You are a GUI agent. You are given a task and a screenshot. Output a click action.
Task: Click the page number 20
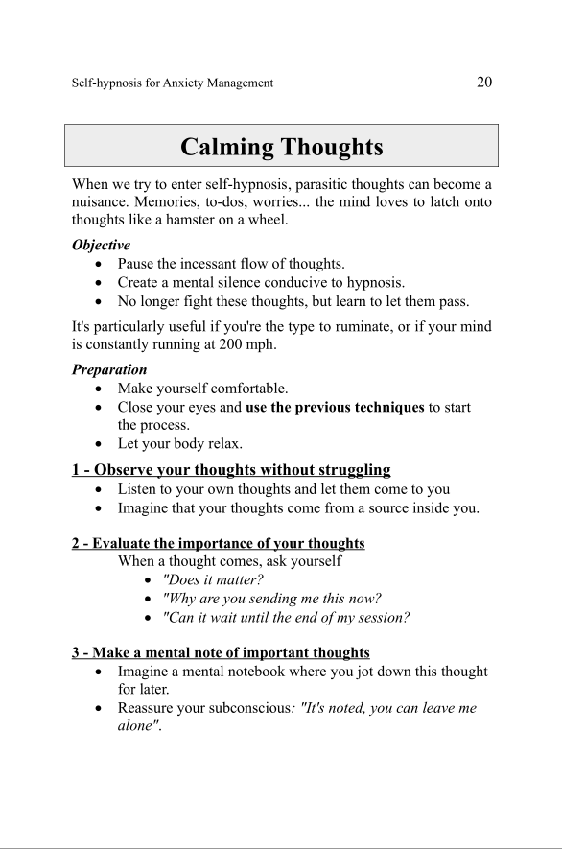pos(483,82)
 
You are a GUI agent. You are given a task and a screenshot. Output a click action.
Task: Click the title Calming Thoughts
pos(281,147)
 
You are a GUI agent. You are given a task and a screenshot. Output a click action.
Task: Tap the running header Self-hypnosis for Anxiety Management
pos(173,83)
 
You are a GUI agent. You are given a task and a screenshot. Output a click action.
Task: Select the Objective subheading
pos(101,245)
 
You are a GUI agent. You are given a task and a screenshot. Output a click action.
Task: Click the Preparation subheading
pos(109,369)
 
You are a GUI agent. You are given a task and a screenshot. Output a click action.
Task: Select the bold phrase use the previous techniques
pos(335,408)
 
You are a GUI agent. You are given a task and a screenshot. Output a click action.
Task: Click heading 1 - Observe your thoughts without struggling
pos(231,470)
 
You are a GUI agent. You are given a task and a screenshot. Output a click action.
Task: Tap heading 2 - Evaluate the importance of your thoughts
pos(218,543)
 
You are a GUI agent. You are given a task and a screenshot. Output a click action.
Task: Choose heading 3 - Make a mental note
pos(221,652)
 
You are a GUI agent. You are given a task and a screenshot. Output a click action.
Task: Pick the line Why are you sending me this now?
pos(272,599)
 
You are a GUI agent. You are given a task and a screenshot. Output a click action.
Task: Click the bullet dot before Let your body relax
pos(102,444)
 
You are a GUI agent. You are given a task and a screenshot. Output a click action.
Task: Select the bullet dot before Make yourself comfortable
pos(102,389)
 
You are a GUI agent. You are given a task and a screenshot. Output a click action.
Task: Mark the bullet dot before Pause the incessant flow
pos(102,264)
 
